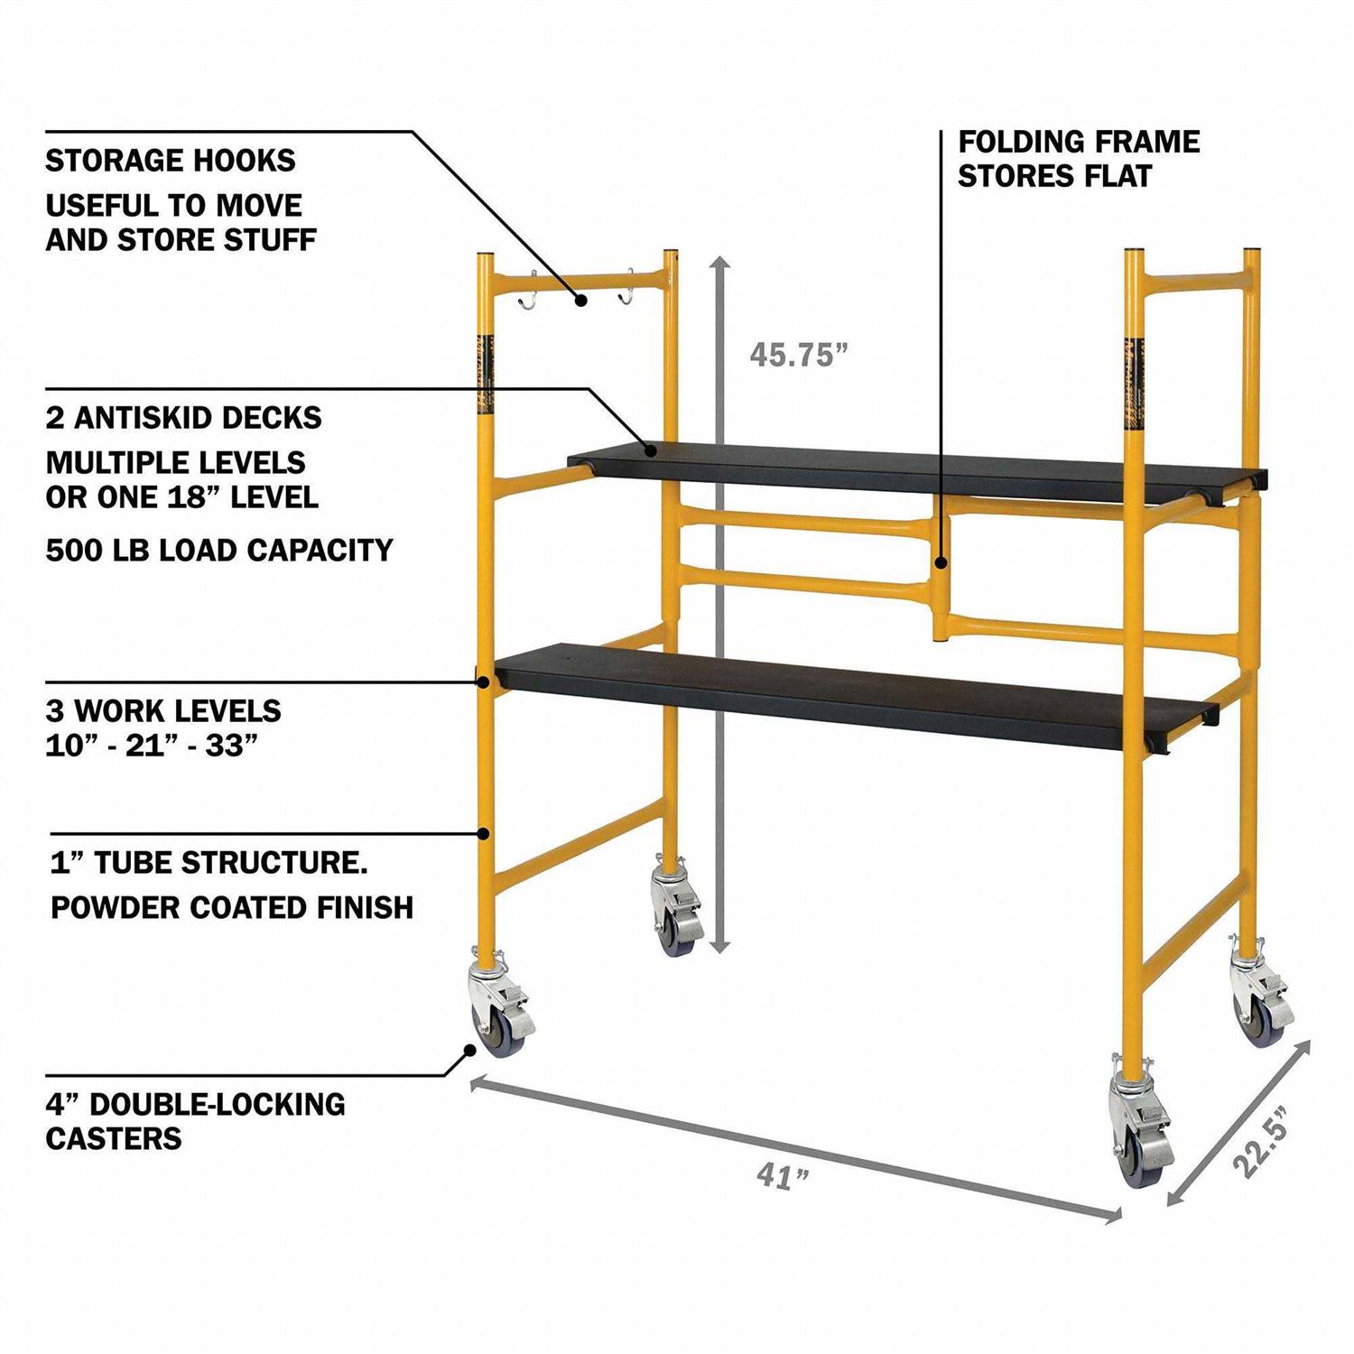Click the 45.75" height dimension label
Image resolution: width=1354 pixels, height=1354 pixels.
pos(798,355)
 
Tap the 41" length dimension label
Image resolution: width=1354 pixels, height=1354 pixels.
pos(783,1176)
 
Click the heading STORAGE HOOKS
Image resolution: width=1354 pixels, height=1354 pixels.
pos(171,161)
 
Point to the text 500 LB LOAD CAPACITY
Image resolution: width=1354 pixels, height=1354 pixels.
pos(219,550)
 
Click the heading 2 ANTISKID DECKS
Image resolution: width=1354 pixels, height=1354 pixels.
pos(183,418)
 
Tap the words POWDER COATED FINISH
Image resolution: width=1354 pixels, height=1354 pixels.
pos(232,907)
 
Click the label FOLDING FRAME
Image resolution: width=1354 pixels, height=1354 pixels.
pos(1079,142)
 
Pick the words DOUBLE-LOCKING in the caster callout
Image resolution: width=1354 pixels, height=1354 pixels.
pos(218,1104)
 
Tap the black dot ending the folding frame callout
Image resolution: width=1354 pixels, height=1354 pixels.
pos(941,563)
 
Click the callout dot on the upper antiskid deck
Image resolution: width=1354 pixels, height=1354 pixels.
pos(649,448)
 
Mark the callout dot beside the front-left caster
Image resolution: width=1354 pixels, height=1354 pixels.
pos(469,1050)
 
